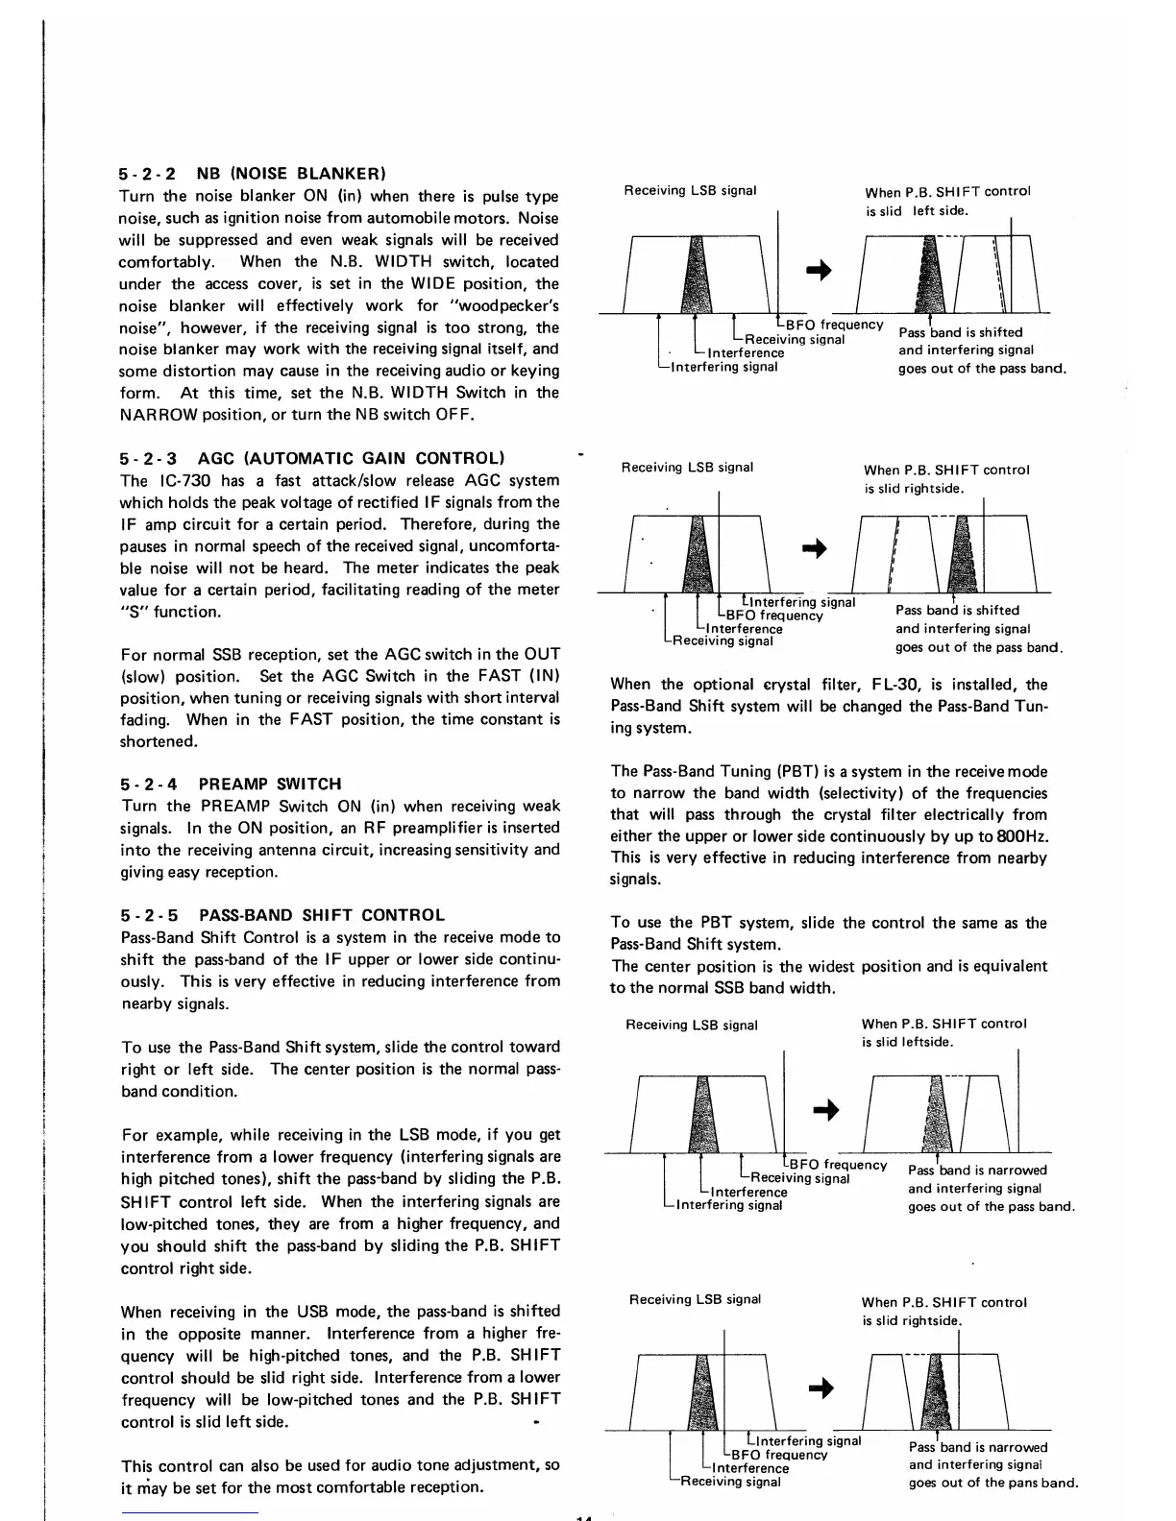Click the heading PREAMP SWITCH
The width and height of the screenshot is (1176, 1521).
point(270,784)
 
